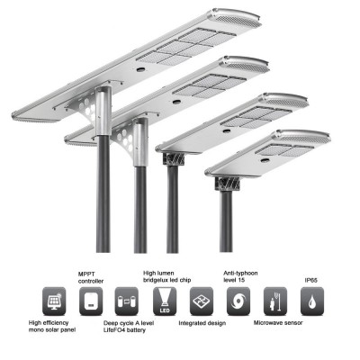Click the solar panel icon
(54, 301)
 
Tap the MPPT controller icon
(91, 301)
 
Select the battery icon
(127, 301)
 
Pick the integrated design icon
(202, 301)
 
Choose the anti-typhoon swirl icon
(238, 301)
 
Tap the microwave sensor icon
(275, 301)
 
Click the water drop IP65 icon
(312, 301)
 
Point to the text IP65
(310, 280)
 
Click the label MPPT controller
(91, 277)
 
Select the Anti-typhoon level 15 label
(240, 276)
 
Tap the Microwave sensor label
(278, 323)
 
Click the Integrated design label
(202, 323)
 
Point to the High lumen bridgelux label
(167, 276)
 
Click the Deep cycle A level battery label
(129, 327)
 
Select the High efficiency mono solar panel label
(52, 326)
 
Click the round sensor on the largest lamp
(140, 69)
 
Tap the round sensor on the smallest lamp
(265, 160)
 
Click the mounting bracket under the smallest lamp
(227, 184)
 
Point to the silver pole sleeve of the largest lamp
(103, 111)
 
